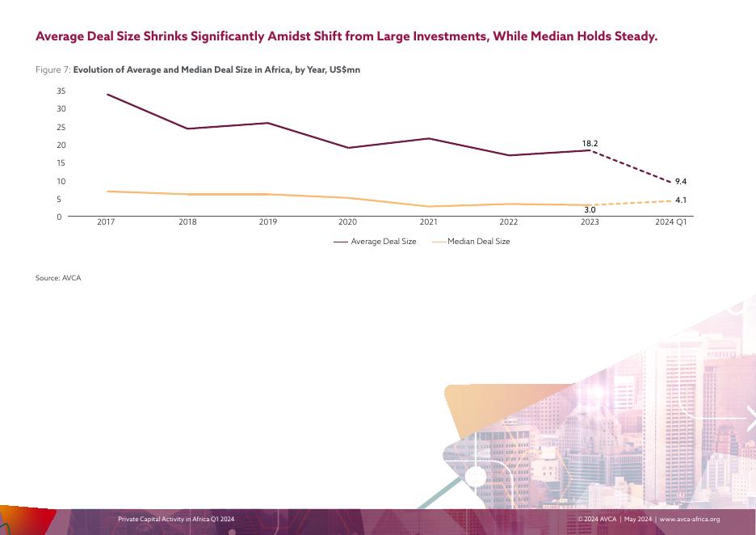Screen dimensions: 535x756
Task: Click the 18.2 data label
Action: coord(590,144)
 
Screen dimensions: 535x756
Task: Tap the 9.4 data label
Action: coord(681,182)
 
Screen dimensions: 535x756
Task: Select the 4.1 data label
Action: coord(681,200)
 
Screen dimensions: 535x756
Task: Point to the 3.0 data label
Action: coord(590,210)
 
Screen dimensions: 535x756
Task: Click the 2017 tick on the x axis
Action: coord(106,222)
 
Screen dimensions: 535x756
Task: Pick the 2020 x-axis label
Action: coord(347,222)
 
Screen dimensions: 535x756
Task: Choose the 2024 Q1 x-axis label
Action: coord(670,222)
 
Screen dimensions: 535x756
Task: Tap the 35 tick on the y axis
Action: coord(61,91)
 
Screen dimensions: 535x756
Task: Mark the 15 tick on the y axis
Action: coord(61,163)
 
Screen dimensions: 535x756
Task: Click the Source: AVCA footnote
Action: coord(58,278)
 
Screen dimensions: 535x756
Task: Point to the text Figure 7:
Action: coord(52,70)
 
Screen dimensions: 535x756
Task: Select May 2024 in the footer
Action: coord(637,519)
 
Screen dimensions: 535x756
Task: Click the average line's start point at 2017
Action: coord(107,95)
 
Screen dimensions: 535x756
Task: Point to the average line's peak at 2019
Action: coord(267,123)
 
